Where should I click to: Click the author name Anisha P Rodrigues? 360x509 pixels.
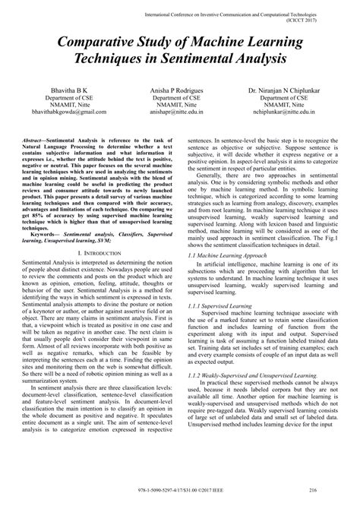(180, 90)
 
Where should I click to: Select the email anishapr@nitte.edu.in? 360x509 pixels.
(180, 112)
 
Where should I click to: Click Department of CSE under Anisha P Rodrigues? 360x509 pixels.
(180, 97)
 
